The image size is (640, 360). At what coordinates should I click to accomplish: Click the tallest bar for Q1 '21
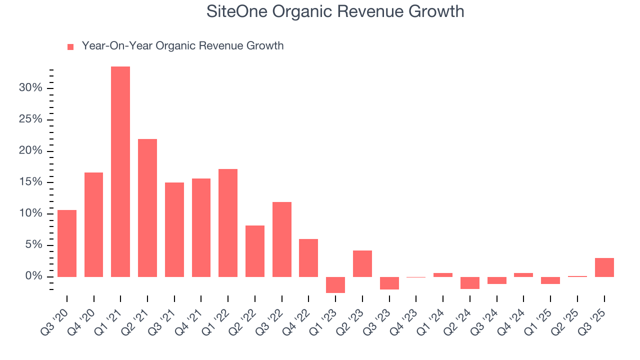coord(120,171)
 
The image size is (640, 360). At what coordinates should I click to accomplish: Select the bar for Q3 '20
coord(67,243)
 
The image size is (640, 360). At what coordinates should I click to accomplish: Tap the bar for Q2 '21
coord(147,208)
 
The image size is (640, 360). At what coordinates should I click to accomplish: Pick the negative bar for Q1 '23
coord(335,285)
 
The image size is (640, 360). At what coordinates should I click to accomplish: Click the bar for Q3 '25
coord(604,267)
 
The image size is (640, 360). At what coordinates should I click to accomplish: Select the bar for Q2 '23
coord(362,263)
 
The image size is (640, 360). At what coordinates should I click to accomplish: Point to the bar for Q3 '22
coord(282,239)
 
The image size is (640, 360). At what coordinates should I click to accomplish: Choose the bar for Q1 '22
coord(228,223)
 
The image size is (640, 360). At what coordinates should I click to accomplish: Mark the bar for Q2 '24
coord(470,283)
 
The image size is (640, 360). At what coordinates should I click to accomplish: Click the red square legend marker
coord(70,46)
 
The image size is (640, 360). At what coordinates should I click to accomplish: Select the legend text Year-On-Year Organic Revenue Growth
coord(182,46)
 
